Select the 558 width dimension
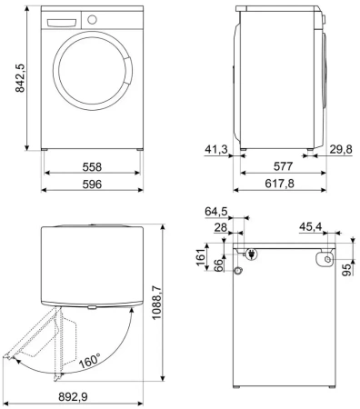(x=92, y=168)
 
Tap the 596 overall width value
(x=92, y=184)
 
